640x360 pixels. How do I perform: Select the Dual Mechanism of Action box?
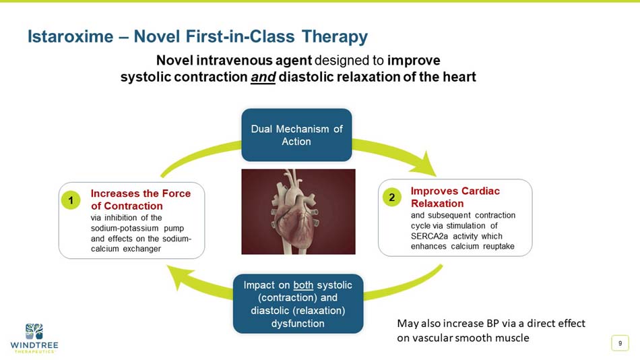296,135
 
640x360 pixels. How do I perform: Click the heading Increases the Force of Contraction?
140,200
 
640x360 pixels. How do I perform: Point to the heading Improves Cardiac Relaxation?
455,197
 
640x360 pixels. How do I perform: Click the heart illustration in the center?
298,211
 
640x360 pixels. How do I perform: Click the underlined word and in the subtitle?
262,77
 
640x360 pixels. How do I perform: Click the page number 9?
619,344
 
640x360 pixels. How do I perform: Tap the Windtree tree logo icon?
34,331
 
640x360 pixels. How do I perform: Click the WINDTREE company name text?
34,346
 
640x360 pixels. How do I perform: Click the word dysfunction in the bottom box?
298,324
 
